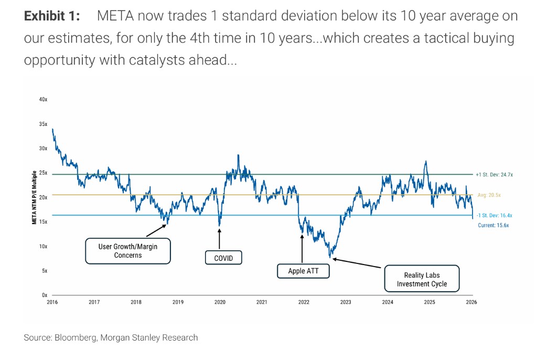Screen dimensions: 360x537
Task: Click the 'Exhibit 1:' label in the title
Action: [52, 16]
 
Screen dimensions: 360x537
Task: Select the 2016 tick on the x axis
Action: [52, 302]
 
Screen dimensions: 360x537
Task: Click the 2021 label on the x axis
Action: [262, 302]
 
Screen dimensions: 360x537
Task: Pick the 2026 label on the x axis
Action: [471, 302]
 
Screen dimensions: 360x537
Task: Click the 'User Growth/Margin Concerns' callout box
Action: [128, 251]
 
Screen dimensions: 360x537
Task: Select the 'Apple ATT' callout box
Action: [303, 271]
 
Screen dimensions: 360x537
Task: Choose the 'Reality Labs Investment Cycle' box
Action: [422, 279]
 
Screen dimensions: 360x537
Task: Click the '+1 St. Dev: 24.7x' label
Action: [494, 174]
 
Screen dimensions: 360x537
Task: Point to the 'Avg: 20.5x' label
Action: [489, 195]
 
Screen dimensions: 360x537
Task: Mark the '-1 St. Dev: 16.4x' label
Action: [494, 215]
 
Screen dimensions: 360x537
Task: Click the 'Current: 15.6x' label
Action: [493, 225]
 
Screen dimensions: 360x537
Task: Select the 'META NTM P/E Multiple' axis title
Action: [35, 197]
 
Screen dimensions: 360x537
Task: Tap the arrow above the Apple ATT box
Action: [303, 249]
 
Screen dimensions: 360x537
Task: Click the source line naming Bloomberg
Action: [111, 337]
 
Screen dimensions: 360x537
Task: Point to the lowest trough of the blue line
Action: [330, 257]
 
